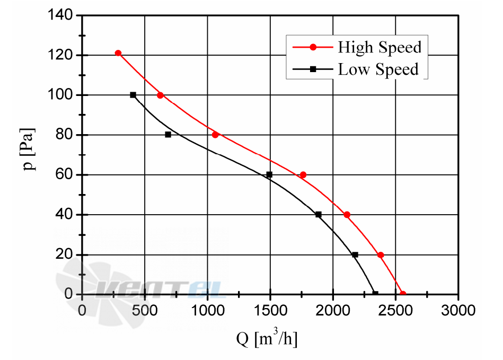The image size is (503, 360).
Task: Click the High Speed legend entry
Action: [357, 47]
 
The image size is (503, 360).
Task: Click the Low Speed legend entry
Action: [356, 69]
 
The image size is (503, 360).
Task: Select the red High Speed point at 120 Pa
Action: [118, 53]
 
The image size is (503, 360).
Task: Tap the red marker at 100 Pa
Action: [161, 95]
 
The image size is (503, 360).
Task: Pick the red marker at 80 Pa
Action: [215, 135]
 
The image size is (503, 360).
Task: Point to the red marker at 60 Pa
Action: [303, 175]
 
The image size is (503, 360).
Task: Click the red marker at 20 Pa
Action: [381, 255]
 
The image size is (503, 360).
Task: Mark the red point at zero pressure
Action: [403, 294]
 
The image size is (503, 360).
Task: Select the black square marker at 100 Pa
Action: [133, 95]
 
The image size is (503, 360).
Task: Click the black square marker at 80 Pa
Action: [168, 135]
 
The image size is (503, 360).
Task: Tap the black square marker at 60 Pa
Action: [269, 175]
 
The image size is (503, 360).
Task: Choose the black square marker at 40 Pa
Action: [318, 215]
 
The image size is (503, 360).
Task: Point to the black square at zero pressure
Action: [375, 294]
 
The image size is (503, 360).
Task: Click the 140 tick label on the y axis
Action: [60, 15]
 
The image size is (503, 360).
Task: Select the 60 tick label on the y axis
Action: [64, 174]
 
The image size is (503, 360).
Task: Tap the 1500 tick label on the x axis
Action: [270, 311]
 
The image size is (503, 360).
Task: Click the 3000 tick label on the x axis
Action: [458, 311]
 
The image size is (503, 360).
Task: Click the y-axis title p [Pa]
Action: [28, 150]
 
